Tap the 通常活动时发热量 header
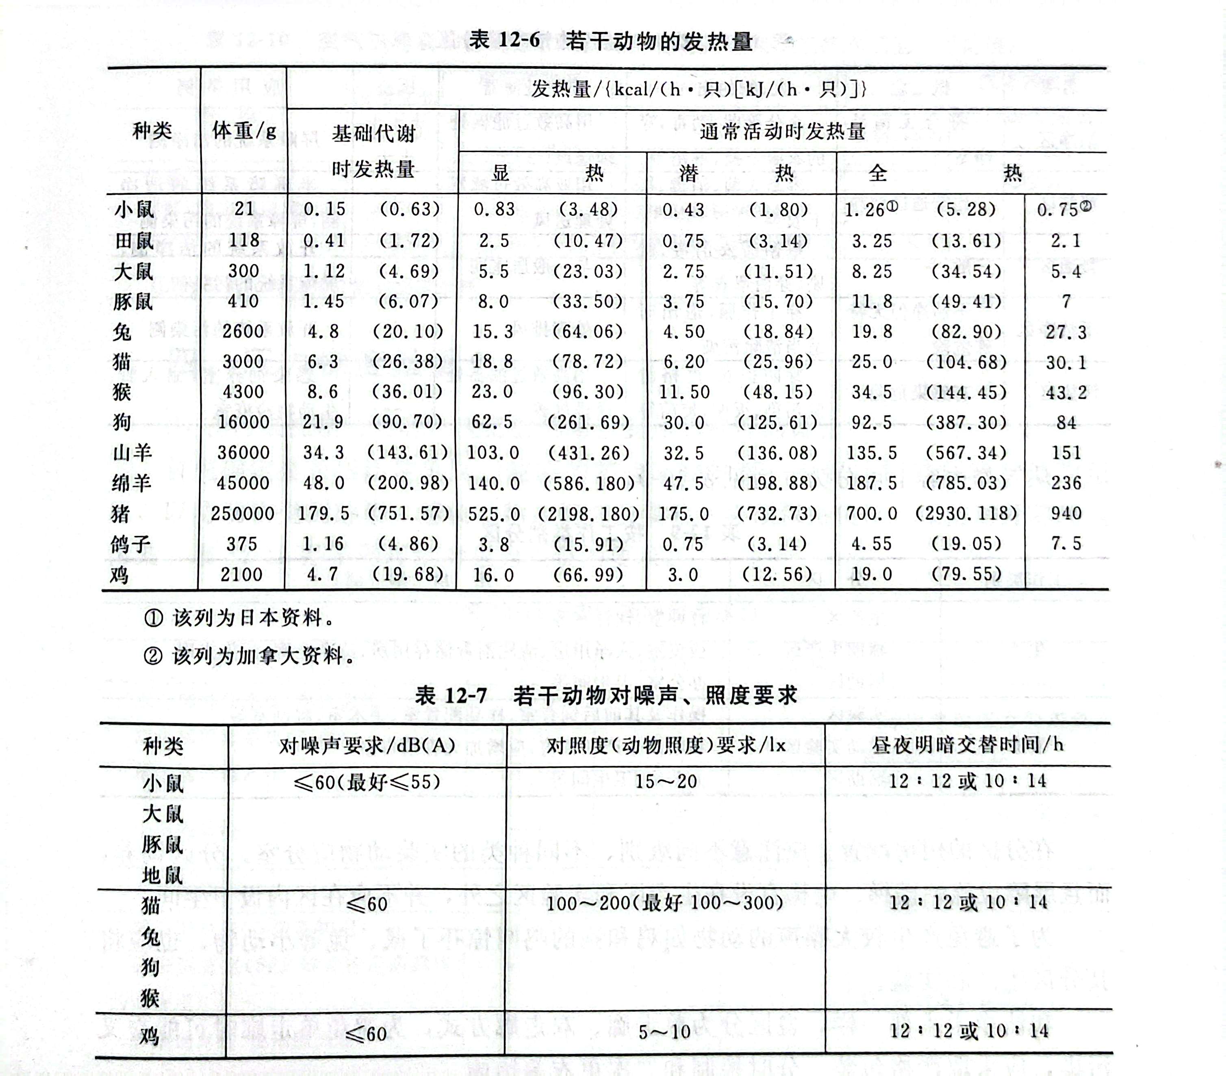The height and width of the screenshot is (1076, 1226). (x=782, y=131)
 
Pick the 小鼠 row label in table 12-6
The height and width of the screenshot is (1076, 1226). (x=135, y=209)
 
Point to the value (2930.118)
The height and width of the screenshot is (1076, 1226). (x=966, y=513)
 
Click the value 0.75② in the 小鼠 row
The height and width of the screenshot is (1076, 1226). (x=1064, y=209)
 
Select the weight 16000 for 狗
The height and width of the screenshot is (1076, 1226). (x=243, y=422)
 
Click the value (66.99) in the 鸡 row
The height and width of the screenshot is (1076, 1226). (x=588, y=575)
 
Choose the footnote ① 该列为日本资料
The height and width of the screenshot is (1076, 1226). (x=239, y=618)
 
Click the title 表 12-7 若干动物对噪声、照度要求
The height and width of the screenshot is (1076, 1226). (x=606, y=696)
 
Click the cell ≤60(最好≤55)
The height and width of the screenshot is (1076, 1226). (x=367, y=781)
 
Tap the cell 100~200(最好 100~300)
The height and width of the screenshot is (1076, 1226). (x=664, y=902)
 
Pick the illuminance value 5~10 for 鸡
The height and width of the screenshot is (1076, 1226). (x=664, y=1032)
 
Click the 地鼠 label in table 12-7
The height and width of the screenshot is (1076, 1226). (x=162, y=876)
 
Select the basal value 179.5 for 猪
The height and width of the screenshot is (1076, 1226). (x=323, y=513)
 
